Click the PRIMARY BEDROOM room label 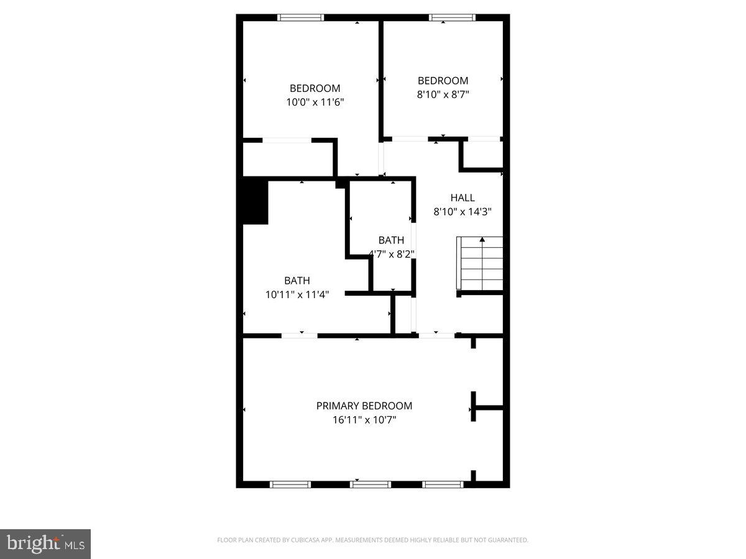pyautogui.click(x=364, y=406)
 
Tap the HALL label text pyautogui.click(x=463, y=198)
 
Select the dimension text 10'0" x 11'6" pyautogui.click(x=315, y=102)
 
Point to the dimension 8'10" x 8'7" pyautogui.click(x=443, y=94)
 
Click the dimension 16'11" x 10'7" pyautogui.click(x=364, y=420)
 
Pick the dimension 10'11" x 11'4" pyautogui.click(x=297, y=294)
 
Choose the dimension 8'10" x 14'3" pyautogui.click(x=463, y=212)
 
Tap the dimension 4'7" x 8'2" pyautogui.click(x=392, y=254)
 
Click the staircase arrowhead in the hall pyautogui.click(x=482, y=240)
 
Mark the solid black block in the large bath pyautogui.click(x=256, y=202)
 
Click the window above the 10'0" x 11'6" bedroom pyautogui.click(x=300, y=17)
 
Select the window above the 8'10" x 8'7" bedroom pyautogui.click(x=452, y=17)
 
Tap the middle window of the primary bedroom pyautogui.click(x=370, y=484)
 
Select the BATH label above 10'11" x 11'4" pyautogui.click(x=297, y=280)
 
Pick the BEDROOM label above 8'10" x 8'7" pyautogui.click(x=443, y=81)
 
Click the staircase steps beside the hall pyautogui.click(x=479, y=263)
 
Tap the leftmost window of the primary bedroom pyautogui.click(x=290, y=484)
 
